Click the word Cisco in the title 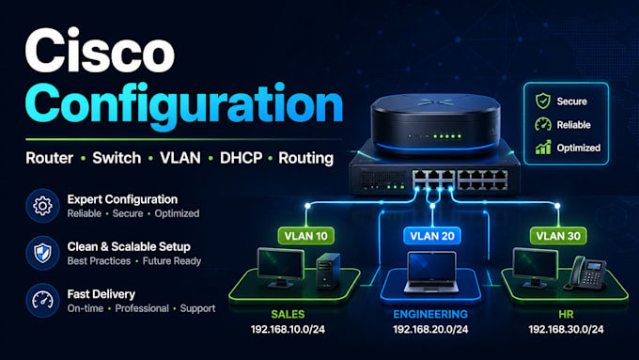click(100, 51)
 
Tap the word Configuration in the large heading click(184, 106)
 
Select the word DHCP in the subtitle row click(241, 158)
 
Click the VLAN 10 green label click(306, 236)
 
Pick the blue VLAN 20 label click(432, 236)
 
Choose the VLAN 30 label click(558, 236)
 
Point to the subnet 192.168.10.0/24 click(288, 329)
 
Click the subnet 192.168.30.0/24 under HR click(566, 329)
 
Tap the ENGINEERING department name click(430, 314)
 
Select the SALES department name click(288, 314)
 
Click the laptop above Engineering click(431, 273)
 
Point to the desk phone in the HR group click(585, 273)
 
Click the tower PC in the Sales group click(328, 271)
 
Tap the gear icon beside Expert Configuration click(42, 206)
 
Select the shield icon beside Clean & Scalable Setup click(42, 253)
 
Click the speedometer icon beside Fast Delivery click(42, 301)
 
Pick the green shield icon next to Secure click(543, 101)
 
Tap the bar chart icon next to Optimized click(543, 148)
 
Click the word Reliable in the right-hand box click(573, 125)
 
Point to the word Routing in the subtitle click(305, 158)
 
